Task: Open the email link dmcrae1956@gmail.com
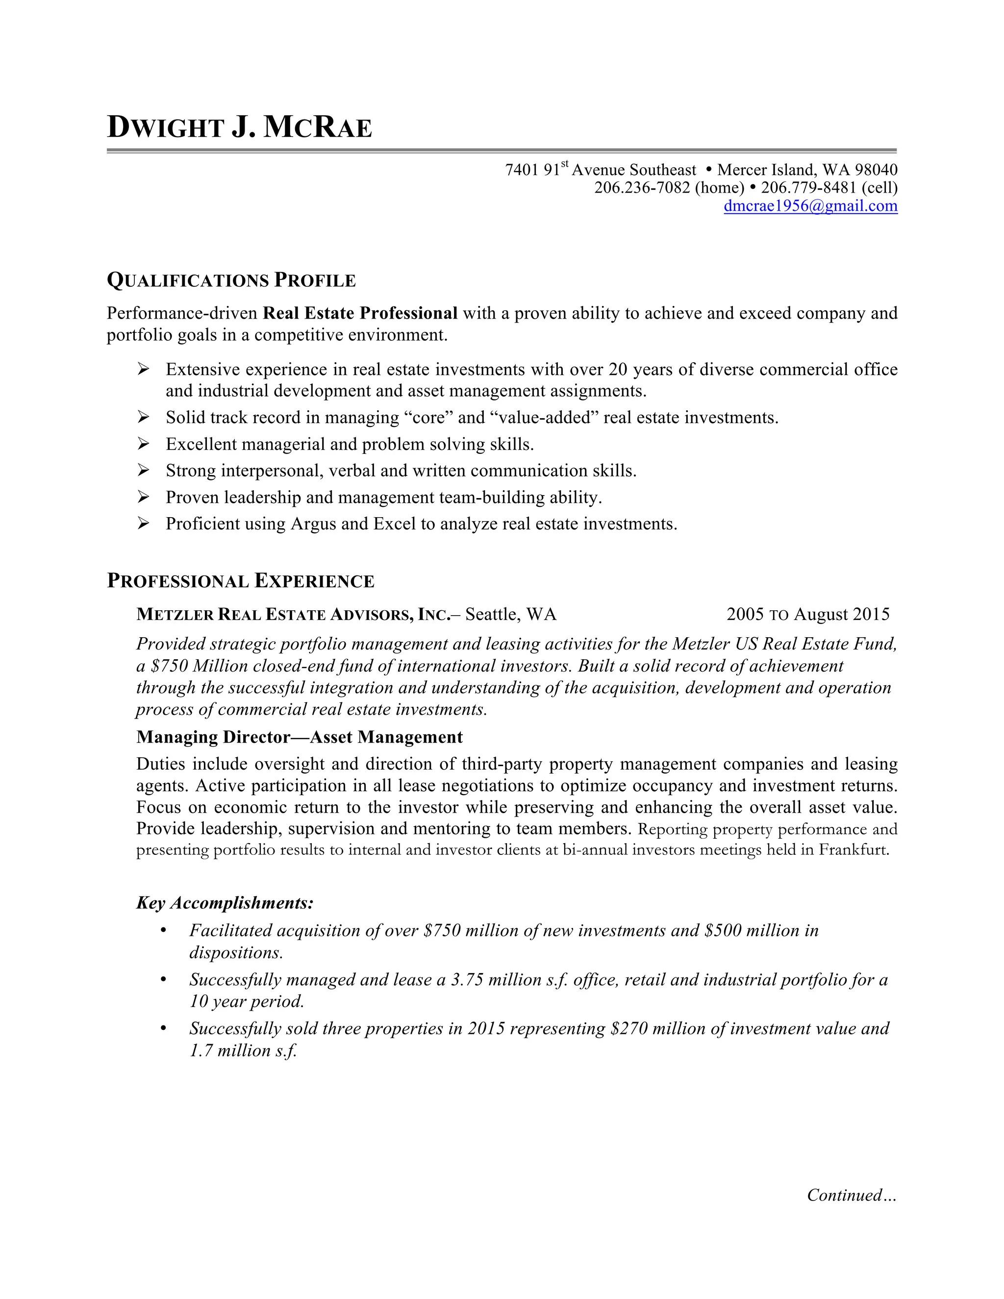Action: pyautogui.click(x=810, y=206)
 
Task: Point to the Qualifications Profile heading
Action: pyautogui.click(x=231, y=280)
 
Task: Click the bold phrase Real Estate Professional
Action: pyautogui.click(x=360, y=313)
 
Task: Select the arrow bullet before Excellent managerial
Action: pyautogui.click(x=143, y=444)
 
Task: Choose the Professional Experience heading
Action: pyautogui.click(x=240, y=581)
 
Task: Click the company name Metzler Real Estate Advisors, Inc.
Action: pyautogui.click(x=294, y=614)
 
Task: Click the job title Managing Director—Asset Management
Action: pyautogui.click(x=299, y=737)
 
